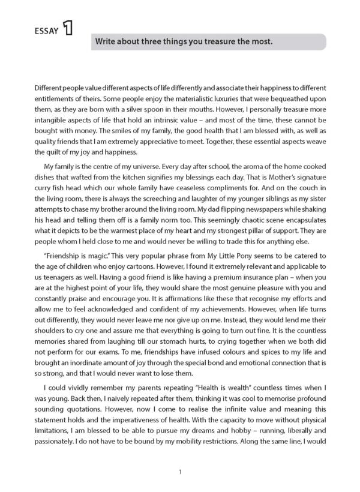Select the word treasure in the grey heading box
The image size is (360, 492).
[220, 42]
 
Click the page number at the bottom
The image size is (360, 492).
[180, 472]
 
